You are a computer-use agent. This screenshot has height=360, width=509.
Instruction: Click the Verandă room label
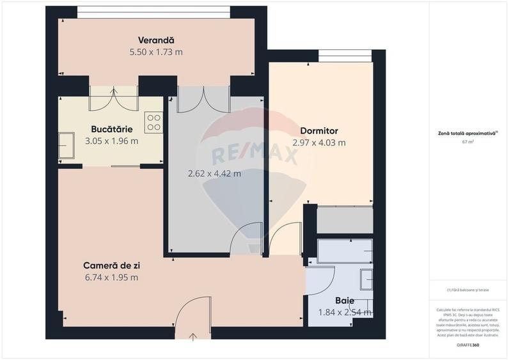coord(156,40)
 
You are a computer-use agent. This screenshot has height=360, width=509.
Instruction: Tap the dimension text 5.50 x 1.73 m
coord(156,52)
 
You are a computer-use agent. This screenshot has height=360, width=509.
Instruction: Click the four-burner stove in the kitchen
coord(153,122)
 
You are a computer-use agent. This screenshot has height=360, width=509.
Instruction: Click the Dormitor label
coord(318,130)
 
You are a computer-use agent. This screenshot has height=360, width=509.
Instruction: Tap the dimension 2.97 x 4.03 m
coord(318,143)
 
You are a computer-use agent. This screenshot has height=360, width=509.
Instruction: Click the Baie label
coord(345,300)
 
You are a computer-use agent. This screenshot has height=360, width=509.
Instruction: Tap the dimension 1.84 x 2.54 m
coord(345,313)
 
